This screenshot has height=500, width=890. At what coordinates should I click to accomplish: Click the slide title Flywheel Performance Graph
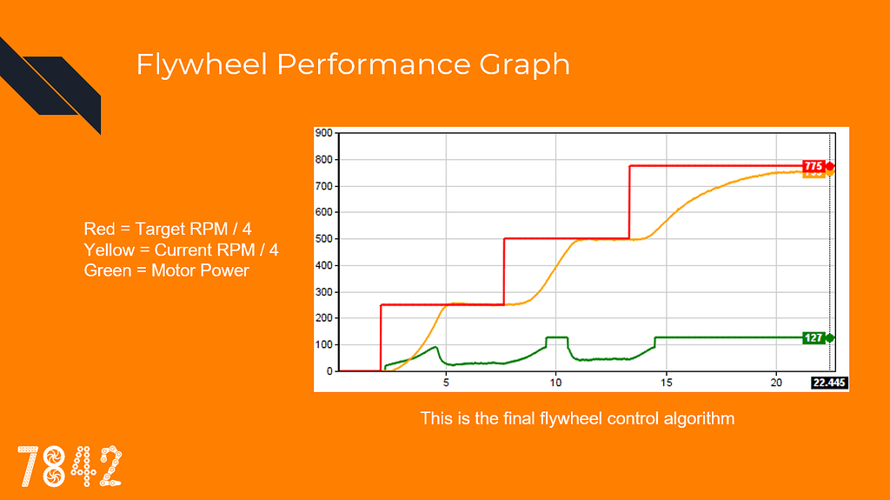click(x=353, y=65)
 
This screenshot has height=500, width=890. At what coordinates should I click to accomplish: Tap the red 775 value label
click(x=814, y=166)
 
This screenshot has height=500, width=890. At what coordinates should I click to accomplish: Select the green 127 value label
click(x=814, y=338)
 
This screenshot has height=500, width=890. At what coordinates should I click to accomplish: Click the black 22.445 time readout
click(x=829, y=383)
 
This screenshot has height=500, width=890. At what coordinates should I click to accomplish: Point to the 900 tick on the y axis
click(x=324, y=133)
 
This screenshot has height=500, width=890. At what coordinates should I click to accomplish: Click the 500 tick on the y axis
click(x=324, y=239)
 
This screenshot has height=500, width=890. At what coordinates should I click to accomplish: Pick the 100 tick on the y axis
click(x=324, y=345)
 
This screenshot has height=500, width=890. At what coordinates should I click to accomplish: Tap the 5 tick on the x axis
click(x=446, y=383)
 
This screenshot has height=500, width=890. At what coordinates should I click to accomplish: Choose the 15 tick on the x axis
click(x=666, y=383)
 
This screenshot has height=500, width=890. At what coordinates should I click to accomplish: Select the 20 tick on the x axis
click(x=776, y=383)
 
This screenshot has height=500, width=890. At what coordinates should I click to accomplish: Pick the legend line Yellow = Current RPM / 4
click(x=182, y=250)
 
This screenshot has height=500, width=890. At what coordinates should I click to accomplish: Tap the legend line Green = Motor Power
click(x=166, y=270)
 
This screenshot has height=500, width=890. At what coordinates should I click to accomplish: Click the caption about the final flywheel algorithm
click(x=577, y=418)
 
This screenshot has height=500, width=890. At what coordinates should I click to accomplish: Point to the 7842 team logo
click(x=70, y=465)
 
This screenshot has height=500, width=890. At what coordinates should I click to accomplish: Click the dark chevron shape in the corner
click(x=52, y=87)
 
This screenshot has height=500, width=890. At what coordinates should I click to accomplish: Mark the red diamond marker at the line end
click(x=830, y=166)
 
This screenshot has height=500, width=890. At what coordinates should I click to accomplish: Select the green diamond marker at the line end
click(x=830, y=338)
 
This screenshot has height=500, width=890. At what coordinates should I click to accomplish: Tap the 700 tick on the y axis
click(x=324, y=186)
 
